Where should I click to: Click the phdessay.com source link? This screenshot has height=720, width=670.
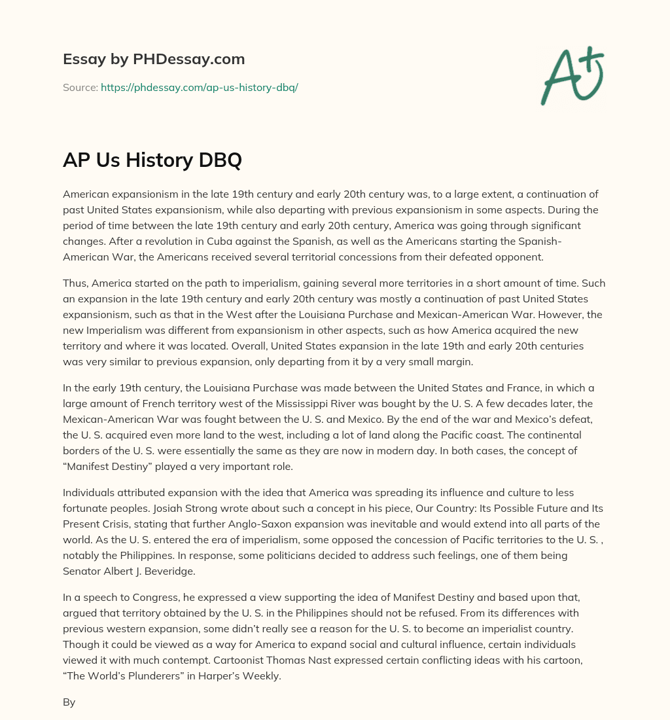tap(200, 87)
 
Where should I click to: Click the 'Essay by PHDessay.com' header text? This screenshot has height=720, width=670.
tap(154, 60)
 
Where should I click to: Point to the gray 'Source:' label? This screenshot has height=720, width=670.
tap(80, 87)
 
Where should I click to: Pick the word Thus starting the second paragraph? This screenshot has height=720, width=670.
tap(75, 283)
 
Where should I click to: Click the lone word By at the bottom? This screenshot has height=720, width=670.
tap(69, 702)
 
